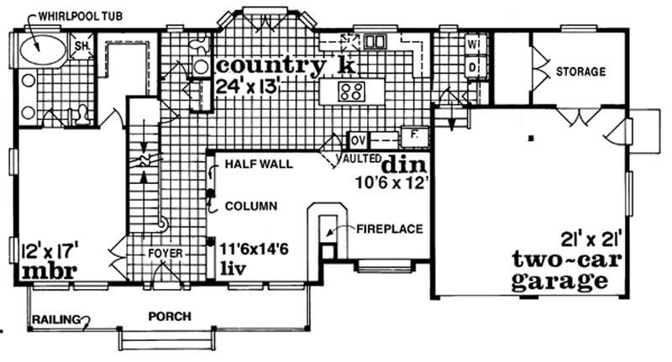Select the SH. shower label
point(84,45)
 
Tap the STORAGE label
point(580,72)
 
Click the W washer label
point(473,43)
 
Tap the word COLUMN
point(253,206)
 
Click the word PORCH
point(169,317)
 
